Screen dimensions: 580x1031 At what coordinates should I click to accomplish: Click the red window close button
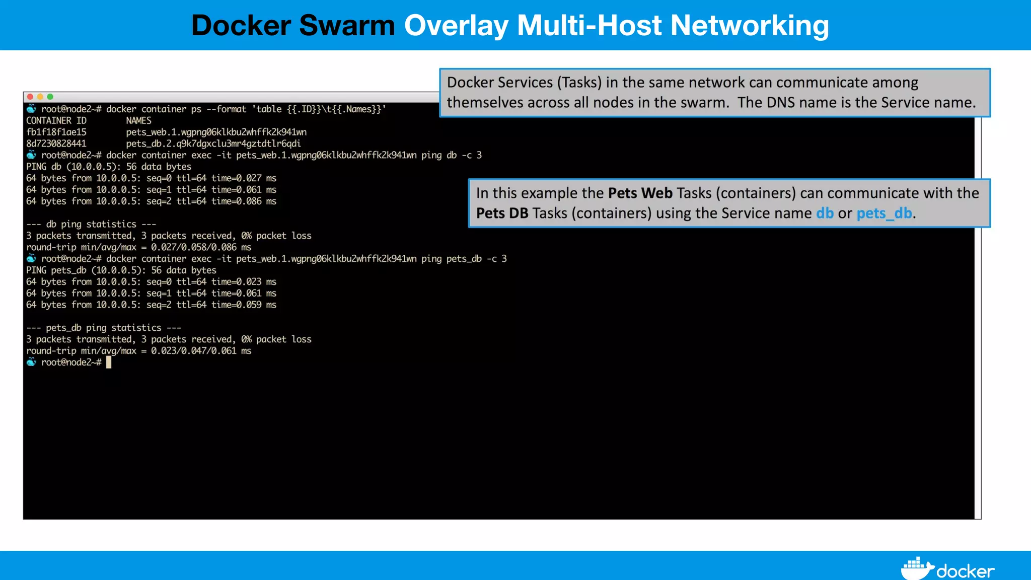click(x=30, y=97)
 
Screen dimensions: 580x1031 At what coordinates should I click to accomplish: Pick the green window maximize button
click(x=50, y=97)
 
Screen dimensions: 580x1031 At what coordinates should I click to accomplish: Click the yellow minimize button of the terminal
click(x=40, y=97)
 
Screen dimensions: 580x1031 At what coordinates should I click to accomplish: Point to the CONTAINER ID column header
click(x=56, y=121)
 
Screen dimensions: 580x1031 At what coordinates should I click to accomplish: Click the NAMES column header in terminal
click(x=138, y=121)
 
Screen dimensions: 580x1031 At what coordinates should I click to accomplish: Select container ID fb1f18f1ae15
click(x=56, y=132)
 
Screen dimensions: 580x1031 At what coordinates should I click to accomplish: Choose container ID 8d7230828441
click(x=56, y=144)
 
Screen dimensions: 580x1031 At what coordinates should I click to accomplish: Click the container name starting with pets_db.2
click(x=213, y=144)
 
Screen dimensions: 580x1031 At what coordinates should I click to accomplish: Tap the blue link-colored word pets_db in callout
click(x=884, y=213)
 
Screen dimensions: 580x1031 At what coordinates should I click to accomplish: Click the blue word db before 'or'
click(x=825, y=213)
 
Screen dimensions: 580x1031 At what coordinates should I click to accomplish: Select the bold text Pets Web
click(x=640, y=193)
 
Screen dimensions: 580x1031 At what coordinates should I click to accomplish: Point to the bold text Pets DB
click(x=502, y=213)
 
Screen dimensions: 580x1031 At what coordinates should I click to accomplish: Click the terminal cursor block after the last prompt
click(x=109, y=362)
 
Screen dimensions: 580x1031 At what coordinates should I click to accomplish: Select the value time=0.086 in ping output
click(x=236, y=201)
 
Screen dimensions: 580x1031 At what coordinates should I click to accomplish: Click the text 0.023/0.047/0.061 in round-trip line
click(x=193, y=351)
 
